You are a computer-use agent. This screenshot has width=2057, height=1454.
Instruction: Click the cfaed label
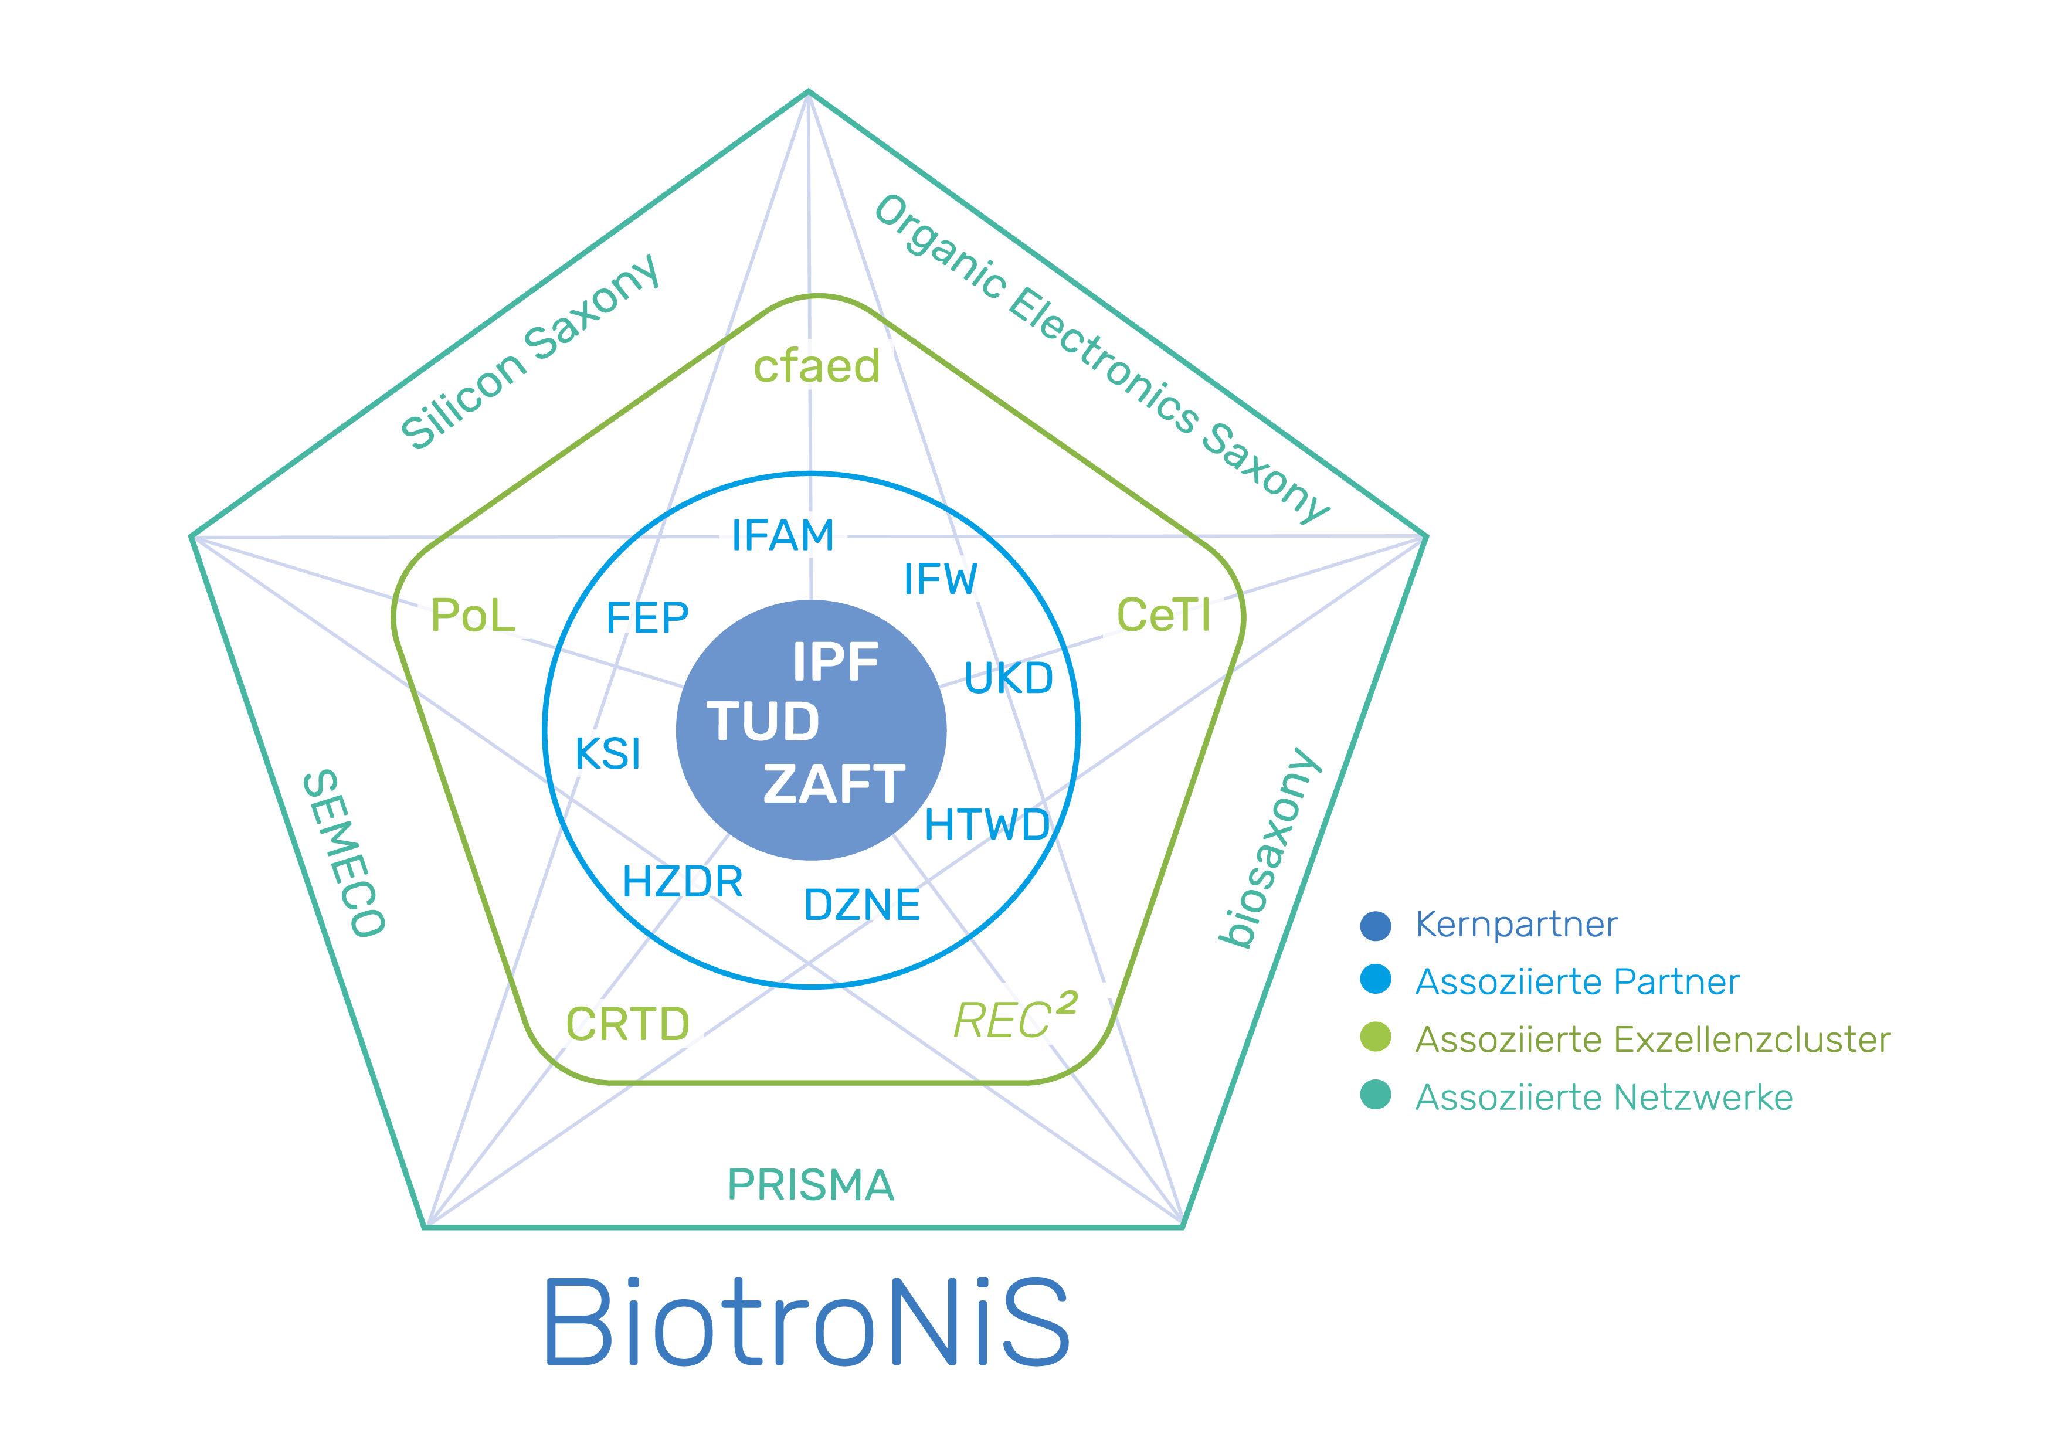[816, 365]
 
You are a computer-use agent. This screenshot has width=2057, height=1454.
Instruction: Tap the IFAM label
[783, 535]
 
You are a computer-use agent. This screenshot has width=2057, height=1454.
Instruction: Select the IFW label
[941, 579]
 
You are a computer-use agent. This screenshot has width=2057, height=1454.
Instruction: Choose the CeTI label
[1163, 614]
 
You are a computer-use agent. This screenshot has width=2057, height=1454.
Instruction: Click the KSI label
[607, 753]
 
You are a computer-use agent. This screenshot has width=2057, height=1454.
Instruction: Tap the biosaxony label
[1268, 848]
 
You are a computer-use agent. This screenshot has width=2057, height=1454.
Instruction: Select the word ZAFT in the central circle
[833, 784]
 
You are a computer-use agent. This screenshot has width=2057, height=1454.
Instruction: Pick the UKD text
[1009, 679]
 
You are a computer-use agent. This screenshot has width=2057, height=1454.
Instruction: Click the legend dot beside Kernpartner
[1375, 925]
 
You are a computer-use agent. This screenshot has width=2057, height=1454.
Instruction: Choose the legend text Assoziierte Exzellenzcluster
[1652, 1040]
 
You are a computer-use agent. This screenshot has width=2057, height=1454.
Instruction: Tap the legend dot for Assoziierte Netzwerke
[1375, 1095]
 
